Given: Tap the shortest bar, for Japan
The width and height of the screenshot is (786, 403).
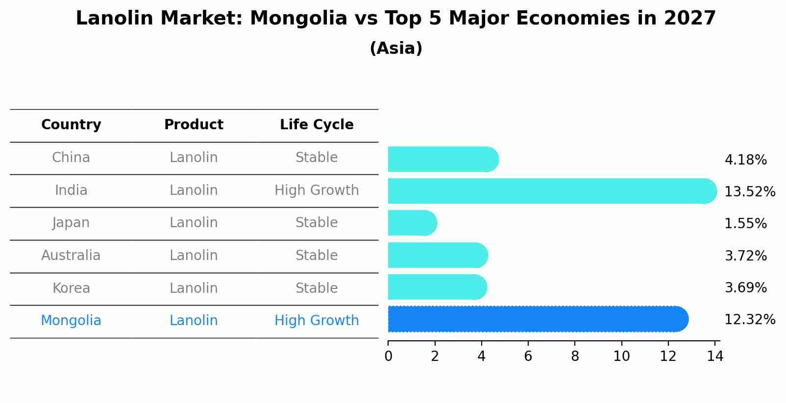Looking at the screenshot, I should click(x=412, y=223).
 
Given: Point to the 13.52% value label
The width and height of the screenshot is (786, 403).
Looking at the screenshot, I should click(x=750, y=192).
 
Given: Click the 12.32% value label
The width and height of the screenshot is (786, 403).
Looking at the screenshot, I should click(x=750, y=320).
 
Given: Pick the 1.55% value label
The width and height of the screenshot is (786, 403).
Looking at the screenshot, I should click(x=745, y=224).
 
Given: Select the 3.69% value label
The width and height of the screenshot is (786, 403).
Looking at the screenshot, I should click(x=745, y=288).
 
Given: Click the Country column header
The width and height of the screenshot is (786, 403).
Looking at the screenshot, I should click(x=71, y=125).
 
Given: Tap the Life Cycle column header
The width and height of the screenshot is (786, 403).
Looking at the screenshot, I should click(x=317, y=125).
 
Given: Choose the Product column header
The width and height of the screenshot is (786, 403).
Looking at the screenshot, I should click(x=194, y=125).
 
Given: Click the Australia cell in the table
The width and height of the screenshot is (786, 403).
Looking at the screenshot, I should click(x=71, y=256).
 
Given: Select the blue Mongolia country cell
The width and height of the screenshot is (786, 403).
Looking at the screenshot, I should click(x=71, y=321).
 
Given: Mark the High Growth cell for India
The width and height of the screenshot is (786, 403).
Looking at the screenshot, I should click(x=317, y=190).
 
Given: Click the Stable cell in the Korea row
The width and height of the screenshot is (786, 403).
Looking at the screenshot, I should click(x=317, y=288).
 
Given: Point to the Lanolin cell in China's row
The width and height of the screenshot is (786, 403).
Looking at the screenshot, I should click(x=194, y=158).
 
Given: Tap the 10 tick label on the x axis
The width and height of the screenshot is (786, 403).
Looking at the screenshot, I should click(x=621, y=356).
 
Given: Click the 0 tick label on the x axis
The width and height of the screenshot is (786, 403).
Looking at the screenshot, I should click(x=388, y=356).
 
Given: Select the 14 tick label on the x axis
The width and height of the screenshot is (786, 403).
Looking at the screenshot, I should click(x=715, y=356).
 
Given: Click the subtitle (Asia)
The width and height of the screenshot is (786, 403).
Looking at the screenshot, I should click(x=396, y=48).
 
